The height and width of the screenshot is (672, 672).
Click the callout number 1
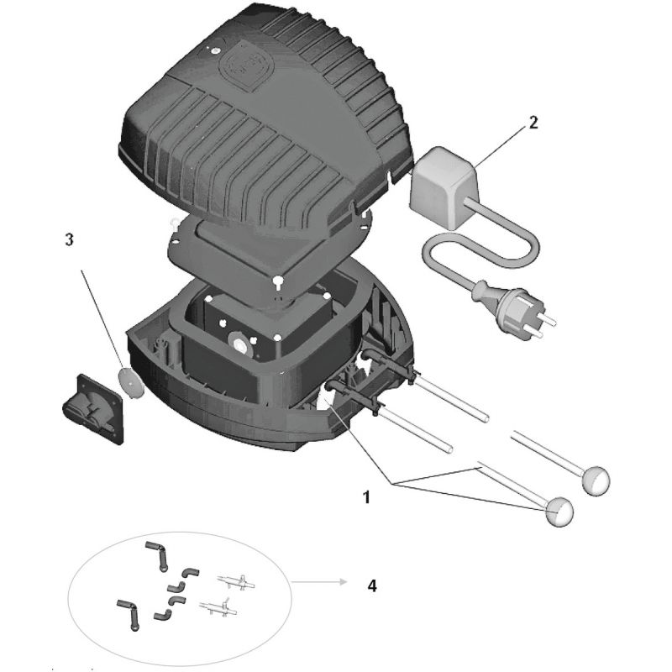pos(365,497)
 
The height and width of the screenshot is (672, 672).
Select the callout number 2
pos(533,122)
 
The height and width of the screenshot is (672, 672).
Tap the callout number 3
pos(70,239)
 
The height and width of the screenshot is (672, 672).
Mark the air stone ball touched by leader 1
pos(559,509)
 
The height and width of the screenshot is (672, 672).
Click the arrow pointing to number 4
pos(318,581)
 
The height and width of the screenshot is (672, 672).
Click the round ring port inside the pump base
pos(240,344)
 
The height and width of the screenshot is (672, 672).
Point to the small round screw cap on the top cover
pos(215,50)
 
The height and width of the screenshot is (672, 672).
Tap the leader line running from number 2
pos(502,142)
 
